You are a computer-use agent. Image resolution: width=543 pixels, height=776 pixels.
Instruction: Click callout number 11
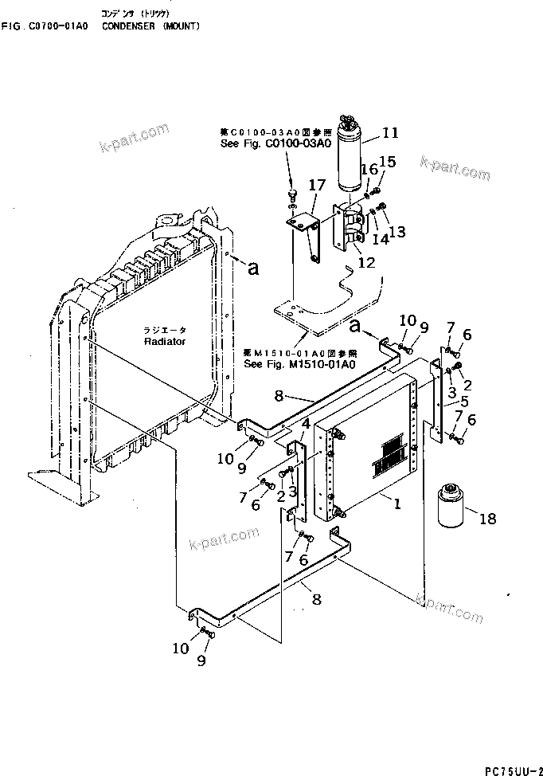pos(390,133)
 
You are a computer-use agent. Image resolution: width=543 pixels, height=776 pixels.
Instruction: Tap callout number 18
pos(486,519)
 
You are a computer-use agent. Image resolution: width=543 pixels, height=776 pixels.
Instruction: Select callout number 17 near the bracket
pos(317,186)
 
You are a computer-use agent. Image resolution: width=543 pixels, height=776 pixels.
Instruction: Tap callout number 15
pos(387,162)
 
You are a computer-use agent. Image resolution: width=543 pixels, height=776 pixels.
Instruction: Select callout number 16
pos(369,169)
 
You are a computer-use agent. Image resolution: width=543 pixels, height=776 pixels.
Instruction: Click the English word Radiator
pos(165,341)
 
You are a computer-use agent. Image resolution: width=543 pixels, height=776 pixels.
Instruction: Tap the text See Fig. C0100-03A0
pos(252,143)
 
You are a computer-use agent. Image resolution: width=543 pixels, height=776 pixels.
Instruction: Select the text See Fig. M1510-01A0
pos(300,364)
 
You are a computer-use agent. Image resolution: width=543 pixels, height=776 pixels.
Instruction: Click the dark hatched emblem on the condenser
pos(391,454)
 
